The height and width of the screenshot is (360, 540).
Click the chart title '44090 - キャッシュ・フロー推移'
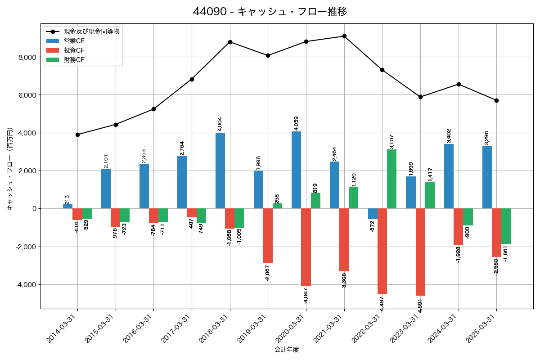pos(270,12)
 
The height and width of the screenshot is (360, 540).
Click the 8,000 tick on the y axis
pos(27,57)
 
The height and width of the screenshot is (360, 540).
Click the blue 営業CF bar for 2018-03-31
pos(220,171)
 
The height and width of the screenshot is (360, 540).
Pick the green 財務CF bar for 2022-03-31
pos(391,179)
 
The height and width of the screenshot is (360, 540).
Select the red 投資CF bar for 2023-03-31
pos(420,252)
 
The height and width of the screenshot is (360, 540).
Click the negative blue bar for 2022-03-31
pos(373,214)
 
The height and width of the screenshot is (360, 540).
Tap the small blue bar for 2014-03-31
pos(68,207)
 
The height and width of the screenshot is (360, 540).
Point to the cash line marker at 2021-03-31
pos(344,36)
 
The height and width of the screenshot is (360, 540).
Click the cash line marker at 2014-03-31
pos(77,135)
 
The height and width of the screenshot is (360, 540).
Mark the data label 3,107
pos(391,141)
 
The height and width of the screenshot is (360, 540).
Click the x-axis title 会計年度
pos(287,350)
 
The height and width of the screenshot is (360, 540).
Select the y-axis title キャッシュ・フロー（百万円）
pos(9,169)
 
